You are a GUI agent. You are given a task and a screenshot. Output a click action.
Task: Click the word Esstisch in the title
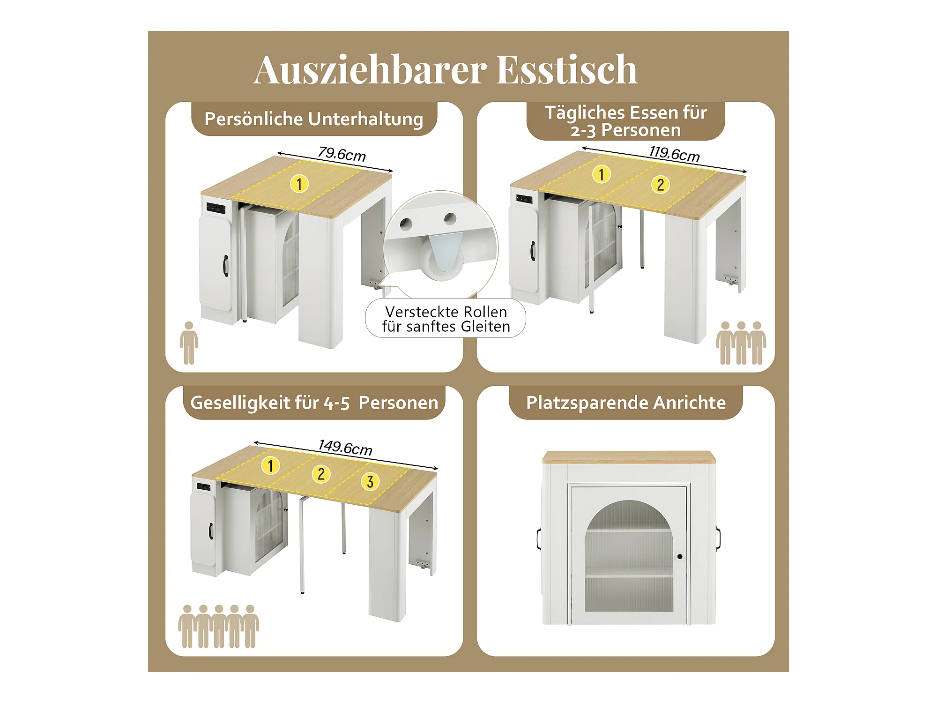(x=567, y=70)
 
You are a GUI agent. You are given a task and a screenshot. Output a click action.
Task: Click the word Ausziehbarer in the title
(x=371, y=70)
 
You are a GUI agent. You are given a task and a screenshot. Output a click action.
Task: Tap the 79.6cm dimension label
(x=342, y=154)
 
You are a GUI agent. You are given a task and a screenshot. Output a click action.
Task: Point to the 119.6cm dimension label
(x=674, y=153)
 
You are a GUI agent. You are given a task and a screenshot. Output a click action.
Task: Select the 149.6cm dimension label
(x=345, y=448)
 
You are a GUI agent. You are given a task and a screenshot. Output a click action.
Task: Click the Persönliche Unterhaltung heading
(x=314, y=119)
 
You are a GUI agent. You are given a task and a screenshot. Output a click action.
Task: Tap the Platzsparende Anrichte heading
(x=626, y=403)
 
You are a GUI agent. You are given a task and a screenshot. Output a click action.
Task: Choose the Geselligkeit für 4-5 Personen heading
(x=314, y=403)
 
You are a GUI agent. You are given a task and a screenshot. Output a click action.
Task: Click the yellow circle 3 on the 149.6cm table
(x=370, y=481)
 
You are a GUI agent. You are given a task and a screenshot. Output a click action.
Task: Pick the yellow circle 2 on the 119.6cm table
(x=661, y=185)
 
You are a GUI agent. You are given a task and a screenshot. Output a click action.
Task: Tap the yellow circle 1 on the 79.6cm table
(x=299, y=184)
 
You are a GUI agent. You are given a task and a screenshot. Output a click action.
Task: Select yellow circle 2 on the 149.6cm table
(x=321, y=474)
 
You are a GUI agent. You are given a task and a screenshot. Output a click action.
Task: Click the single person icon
(x=189, y=343)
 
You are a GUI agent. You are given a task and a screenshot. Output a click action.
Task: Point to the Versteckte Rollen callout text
(x=446, y=319)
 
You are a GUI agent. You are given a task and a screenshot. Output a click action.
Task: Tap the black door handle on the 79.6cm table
(x=225, y=266)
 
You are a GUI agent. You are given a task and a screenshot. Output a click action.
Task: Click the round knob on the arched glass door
(x=680, y=557)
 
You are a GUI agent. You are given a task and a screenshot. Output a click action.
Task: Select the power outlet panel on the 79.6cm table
(x=216, y=208)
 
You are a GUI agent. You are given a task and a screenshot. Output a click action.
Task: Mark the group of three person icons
(x=741, y=343)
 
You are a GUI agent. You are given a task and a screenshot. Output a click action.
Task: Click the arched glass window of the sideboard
(x=629, y=556)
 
